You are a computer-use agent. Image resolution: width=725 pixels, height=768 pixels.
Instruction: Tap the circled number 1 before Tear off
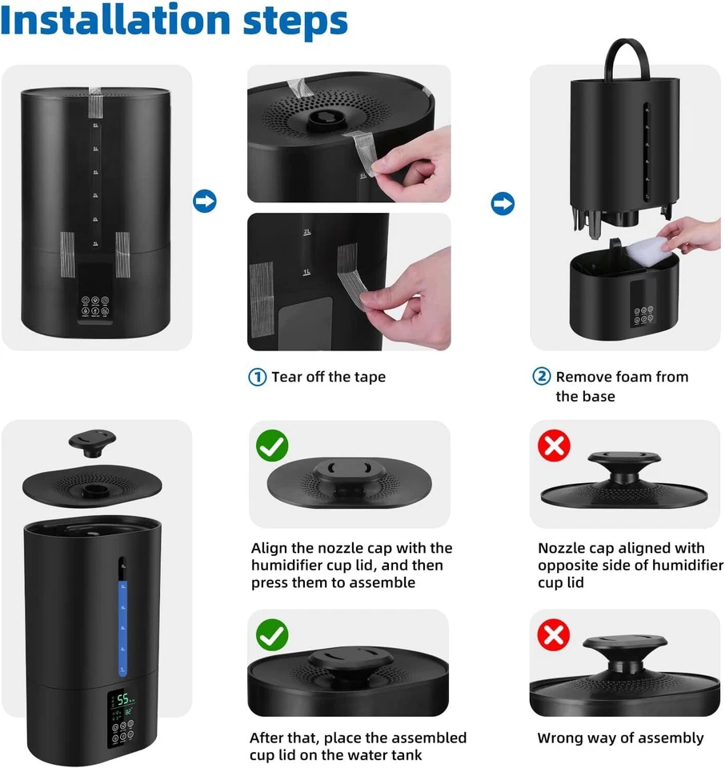point(257,377)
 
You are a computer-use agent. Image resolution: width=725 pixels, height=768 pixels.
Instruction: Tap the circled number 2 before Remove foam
point(542,377)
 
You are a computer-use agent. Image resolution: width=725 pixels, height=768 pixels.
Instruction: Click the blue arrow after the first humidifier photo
point(205,202)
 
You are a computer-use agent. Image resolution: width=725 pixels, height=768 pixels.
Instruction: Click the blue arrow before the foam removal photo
point(502,205)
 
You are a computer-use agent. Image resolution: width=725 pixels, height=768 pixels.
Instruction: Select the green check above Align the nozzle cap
point(272,445)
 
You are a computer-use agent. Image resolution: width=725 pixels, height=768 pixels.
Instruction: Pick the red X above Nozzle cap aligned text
point(553,445)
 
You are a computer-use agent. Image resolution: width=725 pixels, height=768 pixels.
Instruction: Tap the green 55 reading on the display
point(123,699)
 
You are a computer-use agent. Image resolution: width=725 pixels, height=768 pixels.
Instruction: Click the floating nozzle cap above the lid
point(92,439)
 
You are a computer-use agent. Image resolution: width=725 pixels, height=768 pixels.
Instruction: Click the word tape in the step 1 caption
point(368,377)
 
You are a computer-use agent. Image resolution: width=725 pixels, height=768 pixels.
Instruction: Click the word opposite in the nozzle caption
point(570,566)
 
